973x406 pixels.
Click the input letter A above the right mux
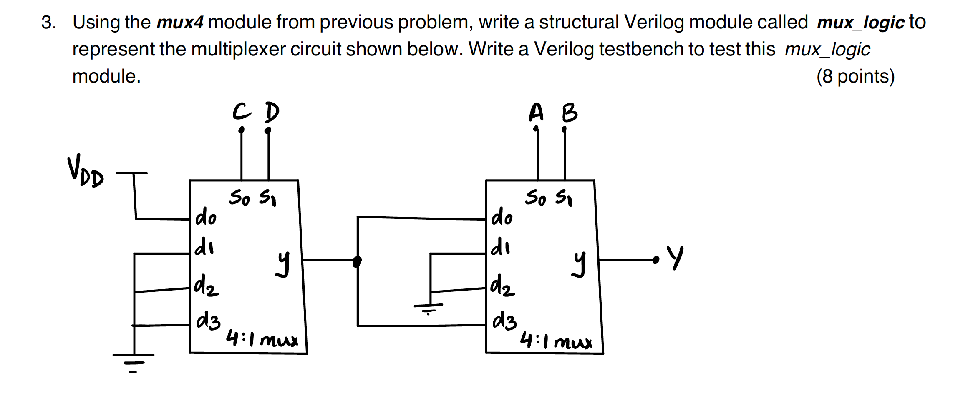tap(537, 113)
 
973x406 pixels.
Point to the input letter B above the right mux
tap(570, 113)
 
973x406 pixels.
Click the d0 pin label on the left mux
tap(206, 218)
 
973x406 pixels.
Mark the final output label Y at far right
tap(675, 258)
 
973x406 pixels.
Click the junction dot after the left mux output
tap(357, 261)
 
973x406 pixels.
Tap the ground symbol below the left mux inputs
tap(134, 361)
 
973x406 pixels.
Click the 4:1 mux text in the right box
tap(556, 342)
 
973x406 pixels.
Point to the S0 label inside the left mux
tap(239, 198)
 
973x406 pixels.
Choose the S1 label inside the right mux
tap(564, 198)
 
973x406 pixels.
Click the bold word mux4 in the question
tap(180, 22)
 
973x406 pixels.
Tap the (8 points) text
tap(855, 76)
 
